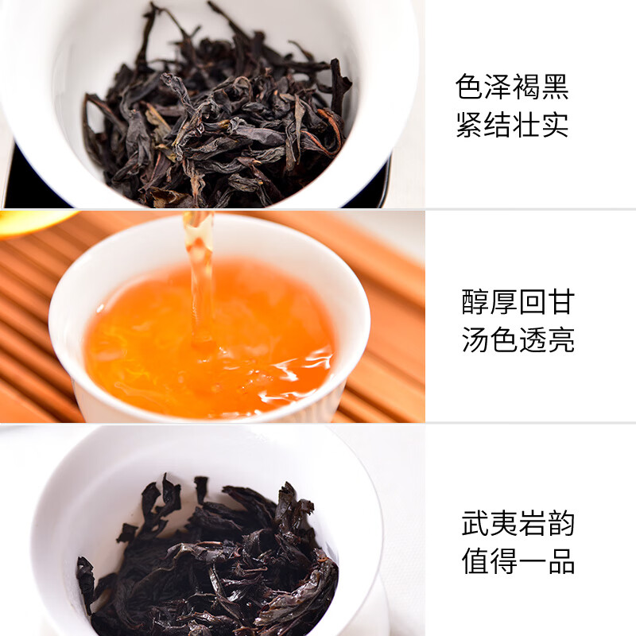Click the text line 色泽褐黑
coord(513,87)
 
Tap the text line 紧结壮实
coord(513,126)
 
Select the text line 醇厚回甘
coord(518,302)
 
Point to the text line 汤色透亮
coord(518,340)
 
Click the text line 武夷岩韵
coord(518,523)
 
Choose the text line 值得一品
coord(518,561)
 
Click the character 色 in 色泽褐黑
coord(471,87)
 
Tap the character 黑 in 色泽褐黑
coord(556,87)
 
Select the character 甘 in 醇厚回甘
coord(561,302)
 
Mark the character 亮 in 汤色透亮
coord(561,340)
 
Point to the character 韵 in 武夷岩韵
coord(561,523)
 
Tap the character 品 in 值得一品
coord(561,561)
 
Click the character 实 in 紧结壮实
coord(556,126)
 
